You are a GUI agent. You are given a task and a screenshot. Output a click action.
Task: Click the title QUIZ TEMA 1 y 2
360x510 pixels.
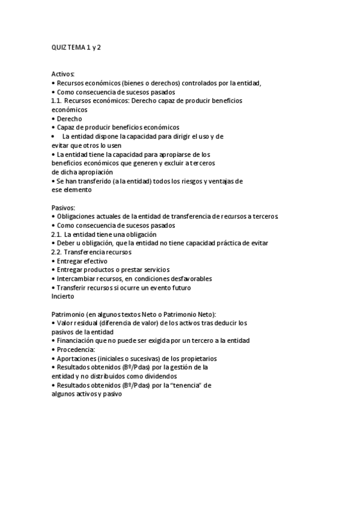click(76, 47)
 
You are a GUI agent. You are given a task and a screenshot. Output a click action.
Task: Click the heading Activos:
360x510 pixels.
click(63, 75)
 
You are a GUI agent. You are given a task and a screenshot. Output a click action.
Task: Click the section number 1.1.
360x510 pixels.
click(57, 101)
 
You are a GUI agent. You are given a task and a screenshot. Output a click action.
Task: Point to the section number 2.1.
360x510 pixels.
click(57, 234)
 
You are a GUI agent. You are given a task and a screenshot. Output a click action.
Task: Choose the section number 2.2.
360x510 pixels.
click(57, 252)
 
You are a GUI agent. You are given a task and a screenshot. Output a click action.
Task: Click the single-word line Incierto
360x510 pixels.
click(63, 296)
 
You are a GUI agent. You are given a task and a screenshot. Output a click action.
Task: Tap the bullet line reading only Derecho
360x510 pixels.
click(70, 118)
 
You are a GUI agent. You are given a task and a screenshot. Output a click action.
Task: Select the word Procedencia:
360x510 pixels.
click(77, 349)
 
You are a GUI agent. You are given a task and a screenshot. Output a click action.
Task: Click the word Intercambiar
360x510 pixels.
click(78, 278)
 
